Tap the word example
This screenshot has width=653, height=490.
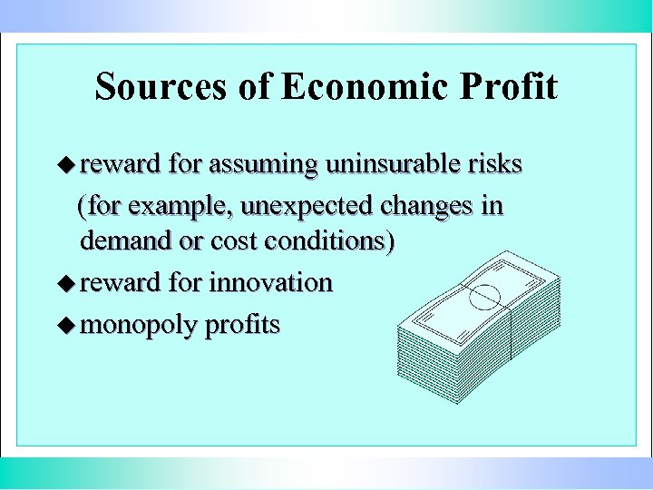coord(176,207)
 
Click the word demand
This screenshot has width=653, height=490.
coord(126,241)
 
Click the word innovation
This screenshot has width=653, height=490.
coord(271,282)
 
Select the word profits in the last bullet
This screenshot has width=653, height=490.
coord(242,325)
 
